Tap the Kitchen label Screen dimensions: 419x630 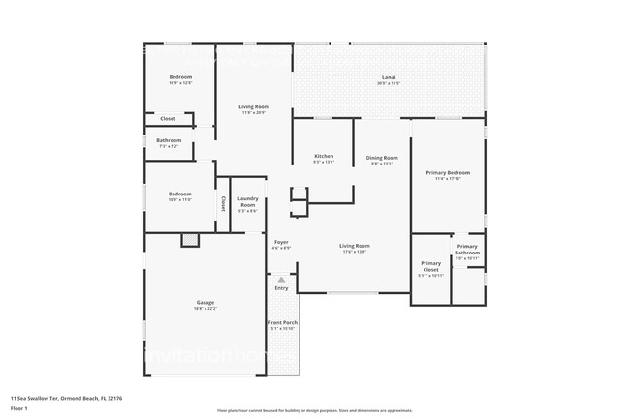(324, 156)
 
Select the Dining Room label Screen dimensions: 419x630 (382, 158)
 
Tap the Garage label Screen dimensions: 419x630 (205, 302)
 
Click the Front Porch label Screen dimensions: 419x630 (283, 322)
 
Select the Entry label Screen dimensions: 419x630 (281, 288)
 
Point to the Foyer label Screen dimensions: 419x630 (281, 242)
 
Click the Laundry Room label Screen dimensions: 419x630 (248, 203)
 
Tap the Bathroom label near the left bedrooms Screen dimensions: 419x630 (169, 141)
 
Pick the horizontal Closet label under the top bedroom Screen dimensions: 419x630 (168, 119)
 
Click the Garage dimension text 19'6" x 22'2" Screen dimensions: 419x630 (205, 309)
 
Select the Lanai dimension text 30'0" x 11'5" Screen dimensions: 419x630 (389, 84)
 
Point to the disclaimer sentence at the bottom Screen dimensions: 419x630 (314, 411)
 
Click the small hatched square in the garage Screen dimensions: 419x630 (190, 240)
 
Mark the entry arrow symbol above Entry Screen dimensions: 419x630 (281, 279)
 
